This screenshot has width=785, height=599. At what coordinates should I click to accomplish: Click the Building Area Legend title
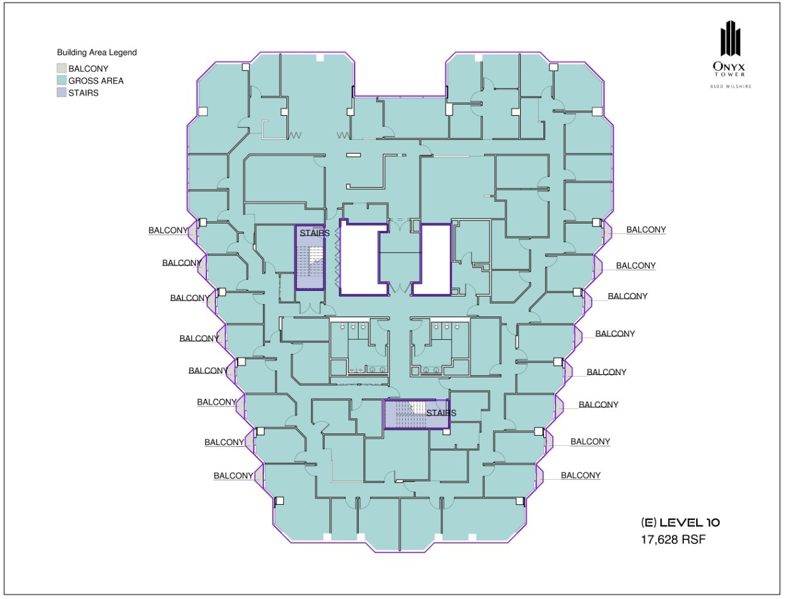click(x=97, y=52)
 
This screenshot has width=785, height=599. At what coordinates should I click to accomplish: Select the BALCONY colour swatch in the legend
click(x=61, y=68)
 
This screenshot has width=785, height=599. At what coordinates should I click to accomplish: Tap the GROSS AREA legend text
click(x=96, y=81)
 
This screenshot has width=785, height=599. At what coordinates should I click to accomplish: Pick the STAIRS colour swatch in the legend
click(x=61, y=92)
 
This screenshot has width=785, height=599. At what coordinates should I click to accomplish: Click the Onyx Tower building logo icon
click(x=730, y=39)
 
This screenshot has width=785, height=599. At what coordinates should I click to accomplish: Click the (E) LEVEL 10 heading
click(x=680, y=522)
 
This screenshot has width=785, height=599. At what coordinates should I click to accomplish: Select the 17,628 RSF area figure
click(x=673, y=539)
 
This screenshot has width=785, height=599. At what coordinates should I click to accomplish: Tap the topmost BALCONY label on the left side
click(x=168, y=230)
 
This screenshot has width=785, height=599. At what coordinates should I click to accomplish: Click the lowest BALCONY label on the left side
click(x=233, y=476)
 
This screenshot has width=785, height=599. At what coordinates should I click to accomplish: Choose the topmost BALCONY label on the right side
click(x=646, y=230)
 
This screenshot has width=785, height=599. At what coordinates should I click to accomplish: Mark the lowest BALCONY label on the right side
click(x=580, y=475)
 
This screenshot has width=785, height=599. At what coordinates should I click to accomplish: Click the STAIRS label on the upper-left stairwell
click(x=315, y=233)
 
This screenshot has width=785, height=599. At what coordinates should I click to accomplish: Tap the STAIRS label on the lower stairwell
click(x=441, y=413)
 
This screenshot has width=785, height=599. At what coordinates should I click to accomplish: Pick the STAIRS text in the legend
click(x=83, y=92)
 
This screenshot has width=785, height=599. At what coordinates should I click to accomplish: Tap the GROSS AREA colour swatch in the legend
click(x=61, y=81)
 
